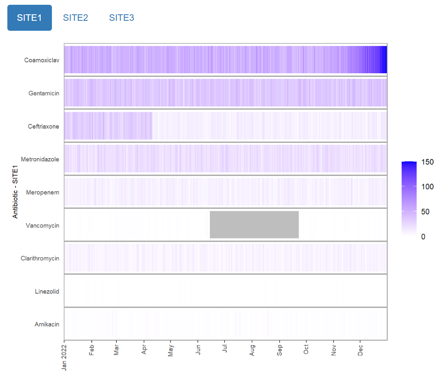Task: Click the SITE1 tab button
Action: (29, 18)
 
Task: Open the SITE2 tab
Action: (75, 18)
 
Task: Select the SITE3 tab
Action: (122, 18)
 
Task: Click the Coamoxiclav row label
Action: (42, 60)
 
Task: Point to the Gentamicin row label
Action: (44, 93)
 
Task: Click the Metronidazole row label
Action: (40, 159)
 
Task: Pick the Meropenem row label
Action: (43, 192)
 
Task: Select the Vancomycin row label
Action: (42, 226)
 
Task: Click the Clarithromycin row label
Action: (40, 259)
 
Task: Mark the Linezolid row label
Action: (47, 292)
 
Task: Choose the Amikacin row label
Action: (47, 324)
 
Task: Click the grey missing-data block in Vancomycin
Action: (254, 224)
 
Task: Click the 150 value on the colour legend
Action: (427, 162)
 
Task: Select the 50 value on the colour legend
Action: (425, 212)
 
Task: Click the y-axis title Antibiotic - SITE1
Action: (16, 193)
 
